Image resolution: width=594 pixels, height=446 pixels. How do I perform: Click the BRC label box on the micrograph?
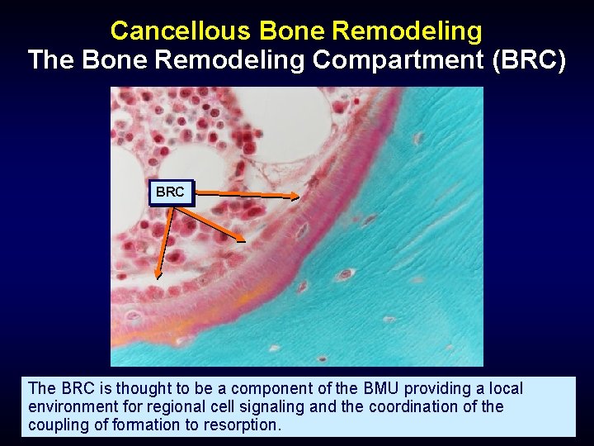(x=171, y=192)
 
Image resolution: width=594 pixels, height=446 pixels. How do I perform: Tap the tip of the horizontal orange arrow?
(x=299, y=196)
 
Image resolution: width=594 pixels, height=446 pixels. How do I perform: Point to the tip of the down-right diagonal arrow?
(x=245, y=240)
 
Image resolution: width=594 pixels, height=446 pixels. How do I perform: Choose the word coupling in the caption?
(x=56, y=425)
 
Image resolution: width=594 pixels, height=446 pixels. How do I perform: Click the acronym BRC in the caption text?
(x=76, y=388)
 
